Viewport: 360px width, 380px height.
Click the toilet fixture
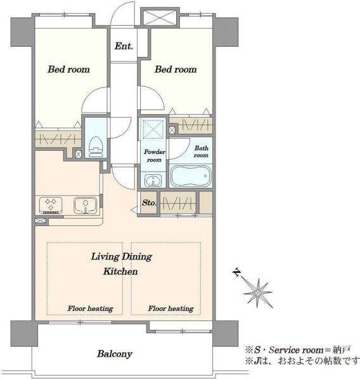click(96, 147)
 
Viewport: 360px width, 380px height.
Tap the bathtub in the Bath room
click(191, 176)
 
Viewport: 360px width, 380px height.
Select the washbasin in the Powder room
click(153, 180)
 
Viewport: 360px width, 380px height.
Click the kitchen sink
click(85, 205)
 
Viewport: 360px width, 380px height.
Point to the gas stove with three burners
click(51, 205)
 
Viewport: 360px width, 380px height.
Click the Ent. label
click(124, 46)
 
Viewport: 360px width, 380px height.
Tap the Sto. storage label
click(149, 203)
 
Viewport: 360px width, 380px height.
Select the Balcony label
click(115, 354)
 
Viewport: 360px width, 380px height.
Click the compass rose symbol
click(258, 293)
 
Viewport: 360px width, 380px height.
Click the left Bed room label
click(68, 70)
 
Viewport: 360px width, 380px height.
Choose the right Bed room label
click(176, 70)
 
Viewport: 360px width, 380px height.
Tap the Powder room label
click(154, 156)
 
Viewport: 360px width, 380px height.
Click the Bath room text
click(201, 151)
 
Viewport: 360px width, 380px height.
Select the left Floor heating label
click(90, 309)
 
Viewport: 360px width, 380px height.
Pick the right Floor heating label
click(170, 309)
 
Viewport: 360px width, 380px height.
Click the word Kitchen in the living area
click(120, 272)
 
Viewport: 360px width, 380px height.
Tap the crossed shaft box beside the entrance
click(160, 18)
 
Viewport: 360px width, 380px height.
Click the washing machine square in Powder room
click(153, 128)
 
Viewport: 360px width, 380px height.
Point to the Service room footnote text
click(297, 350)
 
